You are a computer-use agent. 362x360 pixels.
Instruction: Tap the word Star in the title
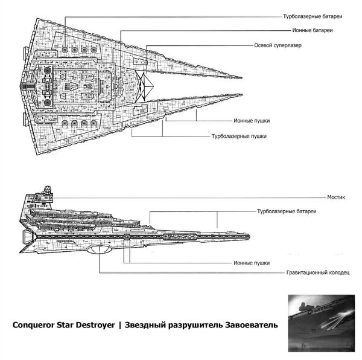pos(73,325)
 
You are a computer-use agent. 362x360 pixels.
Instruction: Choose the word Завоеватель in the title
pos(251,325)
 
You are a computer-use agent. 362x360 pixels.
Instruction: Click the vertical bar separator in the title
pos(121,325)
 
